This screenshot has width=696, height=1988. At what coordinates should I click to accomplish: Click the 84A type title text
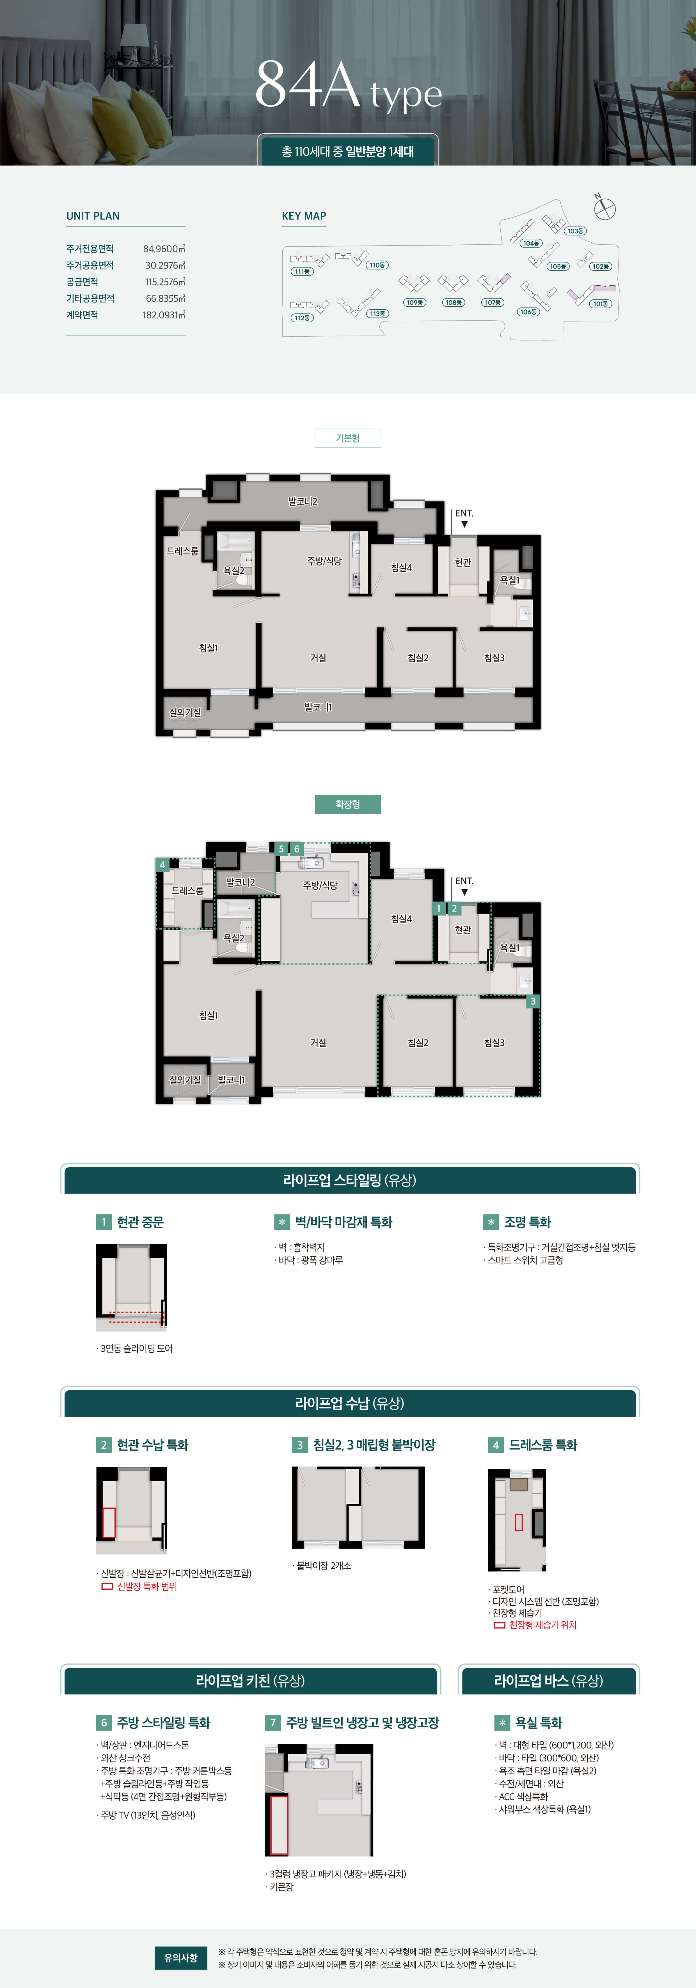tap(348, 86)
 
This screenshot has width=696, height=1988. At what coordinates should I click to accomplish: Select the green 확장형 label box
tap(348, 804)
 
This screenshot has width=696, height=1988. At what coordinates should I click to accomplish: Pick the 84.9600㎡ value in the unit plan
tap(164, 248)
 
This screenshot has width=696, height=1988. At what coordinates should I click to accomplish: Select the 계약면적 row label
tap(82, 315)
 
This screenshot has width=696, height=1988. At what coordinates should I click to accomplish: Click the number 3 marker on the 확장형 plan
tap(532, 1001)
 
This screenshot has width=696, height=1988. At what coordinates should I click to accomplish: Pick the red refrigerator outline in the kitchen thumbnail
tap(279, 1824)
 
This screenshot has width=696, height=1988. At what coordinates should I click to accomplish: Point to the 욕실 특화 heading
tap(538, 1722)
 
